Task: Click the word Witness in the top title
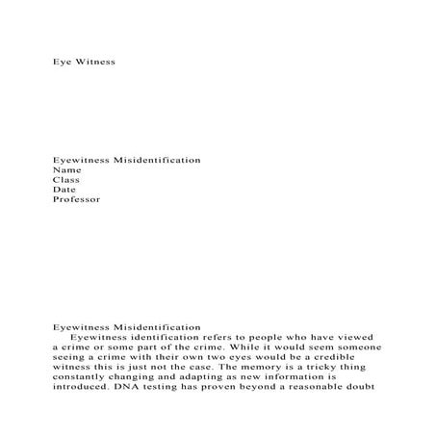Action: (x=95, y=62)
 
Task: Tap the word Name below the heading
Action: (x=66, y=168)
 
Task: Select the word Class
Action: (x=65, y=179)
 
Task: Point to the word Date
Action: (x=64, y=190)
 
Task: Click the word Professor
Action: (x=76, y=200)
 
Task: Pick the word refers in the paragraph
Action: (x=214, y=337)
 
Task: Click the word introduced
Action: (x=84, y=390)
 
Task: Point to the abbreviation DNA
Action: (x=132, y=390)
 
